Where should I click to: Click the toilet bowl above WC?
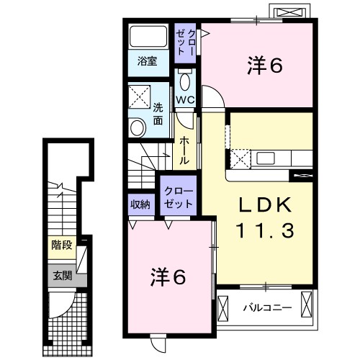(184, 80)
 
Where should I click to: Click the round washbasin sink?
(138, 126)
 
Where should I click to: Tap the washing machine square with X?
(139, 96)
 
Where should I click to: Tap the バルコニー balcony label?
(266, 307)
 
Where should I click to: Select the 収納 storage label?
(140, 204)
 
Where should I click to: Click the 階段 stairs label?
(61, 245)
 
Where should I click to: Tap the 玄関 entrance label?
(61, 274)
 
